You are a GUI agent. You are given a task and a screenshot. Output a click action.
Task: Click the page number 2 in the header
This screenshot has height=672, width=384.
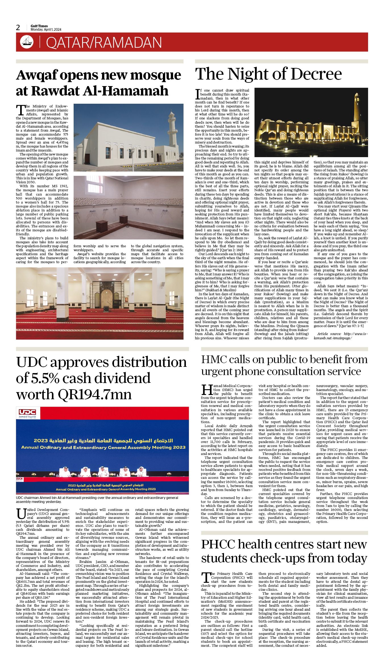18,28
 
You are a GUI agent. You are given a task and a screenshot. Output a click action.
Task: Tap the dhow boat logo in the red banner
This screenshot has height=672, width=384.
27,42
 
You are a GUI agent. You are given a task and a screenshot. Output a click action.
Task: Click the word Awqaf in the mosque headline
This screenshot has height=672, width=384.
38,75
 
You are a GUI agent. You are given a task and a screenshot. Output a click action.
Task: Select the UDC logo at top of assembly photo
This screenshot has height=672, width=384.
27,412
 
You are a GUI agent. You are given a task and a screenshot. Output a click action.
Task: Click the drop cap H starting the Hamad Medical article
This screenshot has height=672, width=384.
207,390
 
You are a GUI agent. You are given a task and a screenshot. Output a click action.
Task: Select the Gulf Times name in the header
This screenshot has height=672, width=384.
39,26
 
